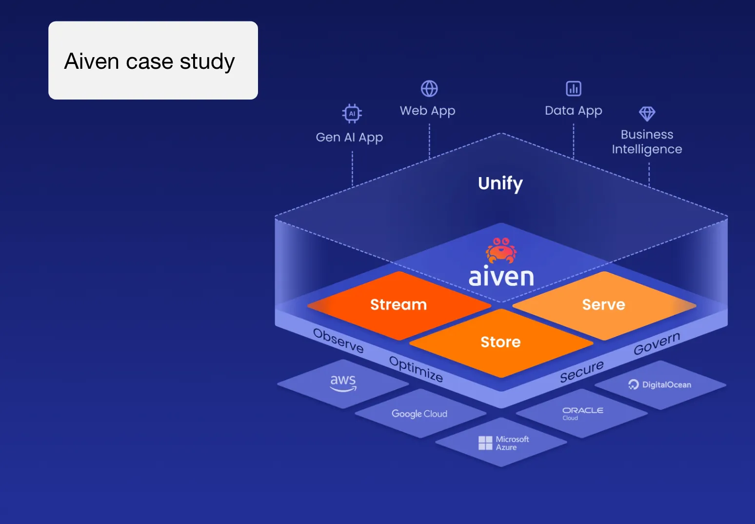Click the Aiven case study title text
point(149,62)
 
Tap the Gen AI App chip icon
point(352,113)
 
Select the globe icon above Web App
point(429,89)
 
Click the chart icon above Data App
point(574,89)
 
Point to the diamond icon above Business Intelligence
point(647,114)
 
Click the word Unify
point(500,183)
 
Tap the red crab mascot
point(501,250)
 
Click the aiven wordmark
point(501,277)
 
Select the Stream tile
point(398,305)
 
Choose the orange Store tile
point(500,342)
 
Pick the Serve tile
point(603,305)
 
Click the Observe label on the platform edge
point(338,341)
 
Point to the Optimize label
point(416,369)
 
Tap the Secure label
point(581,372)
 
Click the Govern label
point(656,343)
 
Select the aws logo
point(343,383)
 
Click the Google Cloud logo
point(419,414)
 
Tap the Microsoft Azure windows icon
point(485,443)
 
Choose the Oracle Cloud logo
point(582,413)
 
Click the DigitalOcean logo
point(660,384)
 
